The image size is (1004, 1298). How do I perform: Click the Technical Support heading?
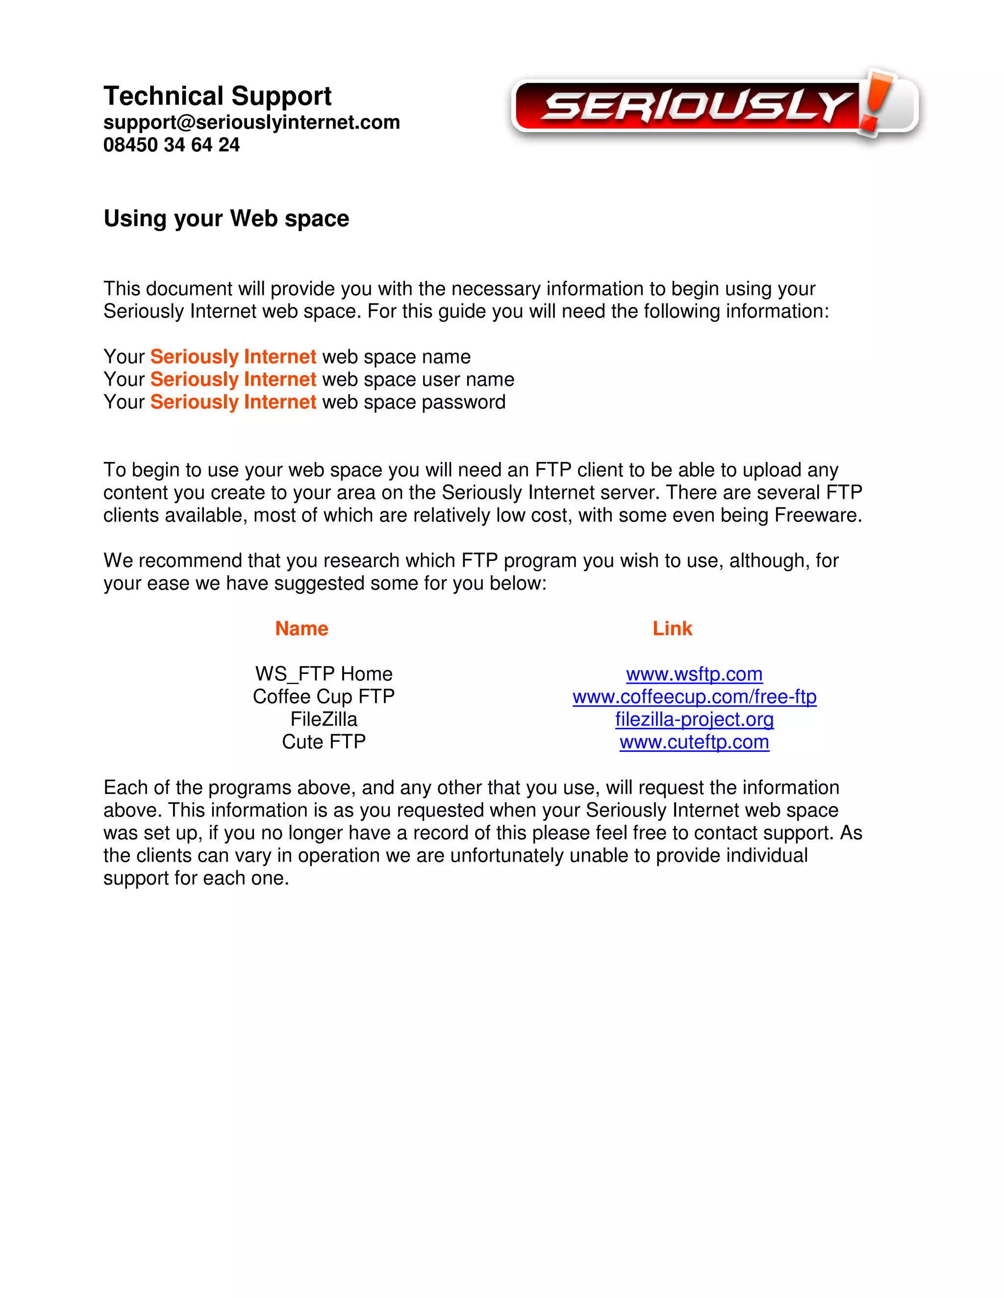(x=217, y=96)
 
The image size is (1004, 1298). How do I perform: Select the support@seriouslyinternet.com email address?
(x=251, y=122)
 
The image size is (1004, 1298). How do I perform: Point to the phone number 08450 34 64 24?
(x=171, y=144)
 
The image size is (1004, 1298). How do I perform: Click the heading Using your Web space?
(x=226, y=218)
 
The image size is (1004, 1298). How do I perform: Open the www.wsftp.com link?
(x=694, y=674)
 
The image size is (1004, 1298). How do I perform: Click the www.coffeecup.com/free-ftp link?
(x=694, y=697)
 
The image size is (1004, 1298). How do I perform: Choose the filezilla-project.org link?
(x=694, y=719)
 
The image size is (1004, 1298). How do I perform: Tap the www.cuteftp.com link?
(x=694, y=742)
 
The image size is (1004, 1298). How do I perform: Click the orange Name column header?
(x=301, y=628)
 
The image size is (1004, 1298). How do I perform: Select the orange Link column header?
(x=672, y=628)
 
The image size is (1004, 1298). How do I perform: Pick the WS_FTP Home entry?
(x=324, y=674)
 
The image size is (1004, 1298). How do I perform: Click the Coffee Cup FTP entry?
(x=324, y=697)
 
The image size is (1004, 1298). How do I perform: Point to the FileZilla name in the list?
(x=324, y=719)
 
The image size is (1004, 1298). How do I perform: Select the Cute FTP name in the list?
(x=324, y=742)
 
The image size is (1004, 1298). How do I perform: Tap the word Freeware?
(x=817, y=515)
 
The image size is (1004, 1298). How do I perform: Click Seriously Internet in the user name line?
(x=233, y=379)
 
